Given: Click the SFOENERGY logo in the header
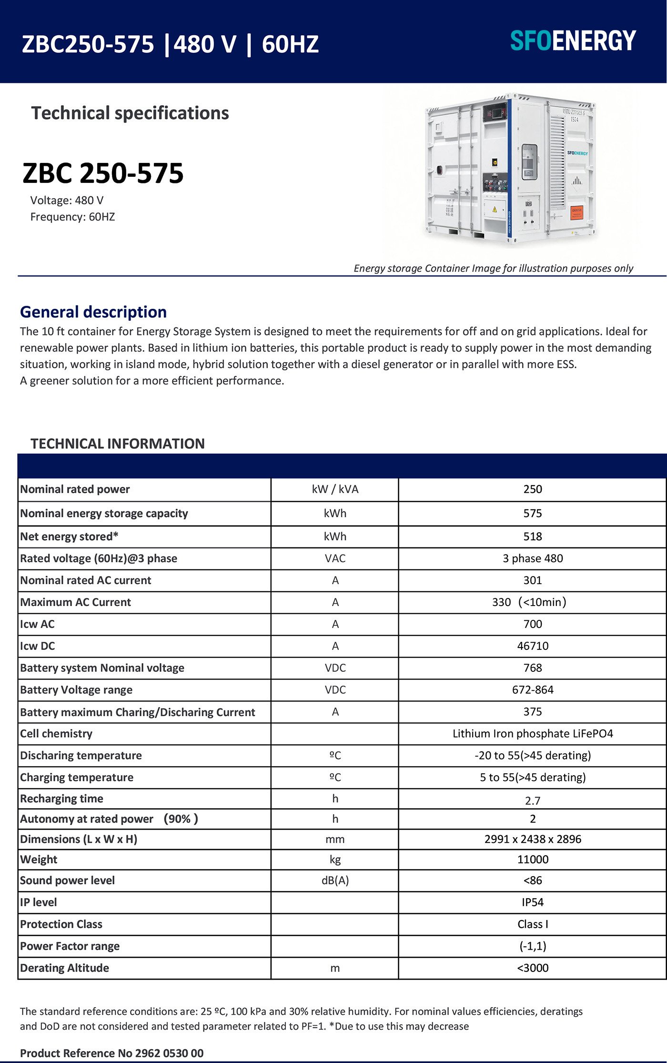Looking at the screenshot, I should tap(573, 41).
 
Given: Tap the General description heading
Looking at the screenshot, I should tap(93, 312).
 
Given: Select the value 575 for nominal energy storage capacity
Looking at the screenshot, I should tap(532, 513).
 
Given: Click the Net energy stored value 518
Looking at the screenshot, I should tap(532, 537).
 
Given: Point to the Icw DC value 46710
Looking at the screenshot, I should tap(532, 646).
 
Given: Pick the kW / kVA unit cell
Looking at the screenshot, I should tap(335, 489).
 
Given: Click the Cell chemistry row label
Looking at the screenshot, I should tap(56, 734).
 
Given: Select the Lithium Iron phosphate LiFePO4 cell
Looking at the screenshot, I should tap(532, 734).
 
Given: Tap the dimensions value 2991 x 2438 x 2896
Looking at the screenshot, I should tap(532, 839).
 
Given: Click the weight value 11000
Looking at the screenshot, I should tap(532, 860).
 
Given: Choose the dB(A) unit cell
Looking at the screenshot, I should tap(335, 881).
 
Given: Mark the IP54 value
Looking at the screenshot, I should tap(532, 902).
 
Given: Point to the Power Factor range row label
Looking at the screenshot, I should tap(70, 946).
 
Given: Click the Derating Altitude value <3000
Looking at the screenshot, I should tap(532, 968).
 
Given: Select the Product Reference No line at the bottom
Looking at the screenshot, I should tap(112, 1053).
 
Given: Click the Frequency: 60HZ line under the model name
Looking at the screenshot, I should tap(72, 217).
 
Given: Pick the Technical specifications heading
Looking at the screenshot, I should tap(130, 113).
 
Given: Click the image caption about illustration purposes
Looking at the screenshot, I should tap(493, 268).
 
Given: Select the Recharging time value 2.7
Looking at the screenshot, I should tap(532, 801).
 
